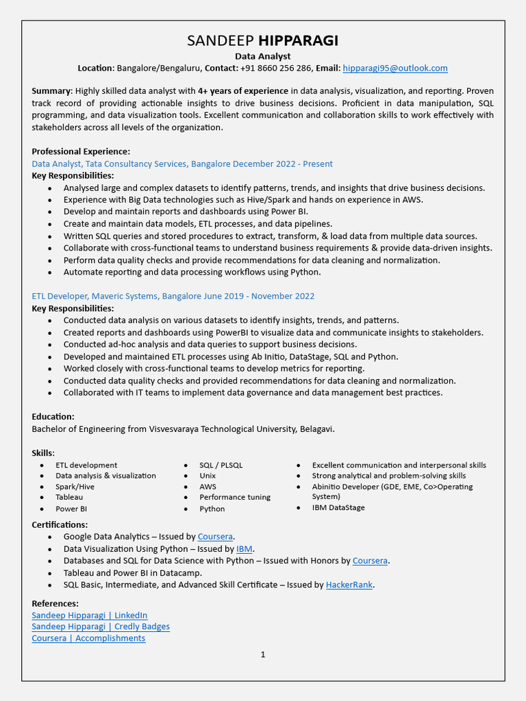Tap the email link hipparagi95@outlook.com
tap(395, 68)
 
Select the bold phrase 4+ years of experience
tap(242, 91)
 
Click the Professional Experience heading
tap(81, 151)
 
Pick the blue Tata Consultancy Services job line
tap(182, 164)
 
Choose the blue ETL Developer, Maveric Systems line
tap(173, 296)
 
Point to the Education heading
tap(53, 416)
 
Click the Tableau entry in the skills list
tap(69, 497)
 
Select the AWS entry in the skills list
tap(208, 487)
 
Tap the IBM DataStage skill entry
tap(338, 508)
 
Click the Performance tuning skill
tap(235, 497)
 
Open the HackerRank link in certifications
tap(349, 585)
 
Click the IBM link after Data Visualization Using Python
tap(244, 548)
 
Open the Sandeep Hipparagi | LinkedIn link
tap(90, 615)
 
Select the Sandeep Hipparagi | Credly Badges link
tap(101, 626)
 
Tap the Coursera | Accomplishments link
tap(88, 638)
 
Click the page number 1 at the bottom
tap(263, 655)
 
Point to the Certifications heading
tap(60, 524)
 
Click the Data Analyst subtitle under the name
tap(263, 56)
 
